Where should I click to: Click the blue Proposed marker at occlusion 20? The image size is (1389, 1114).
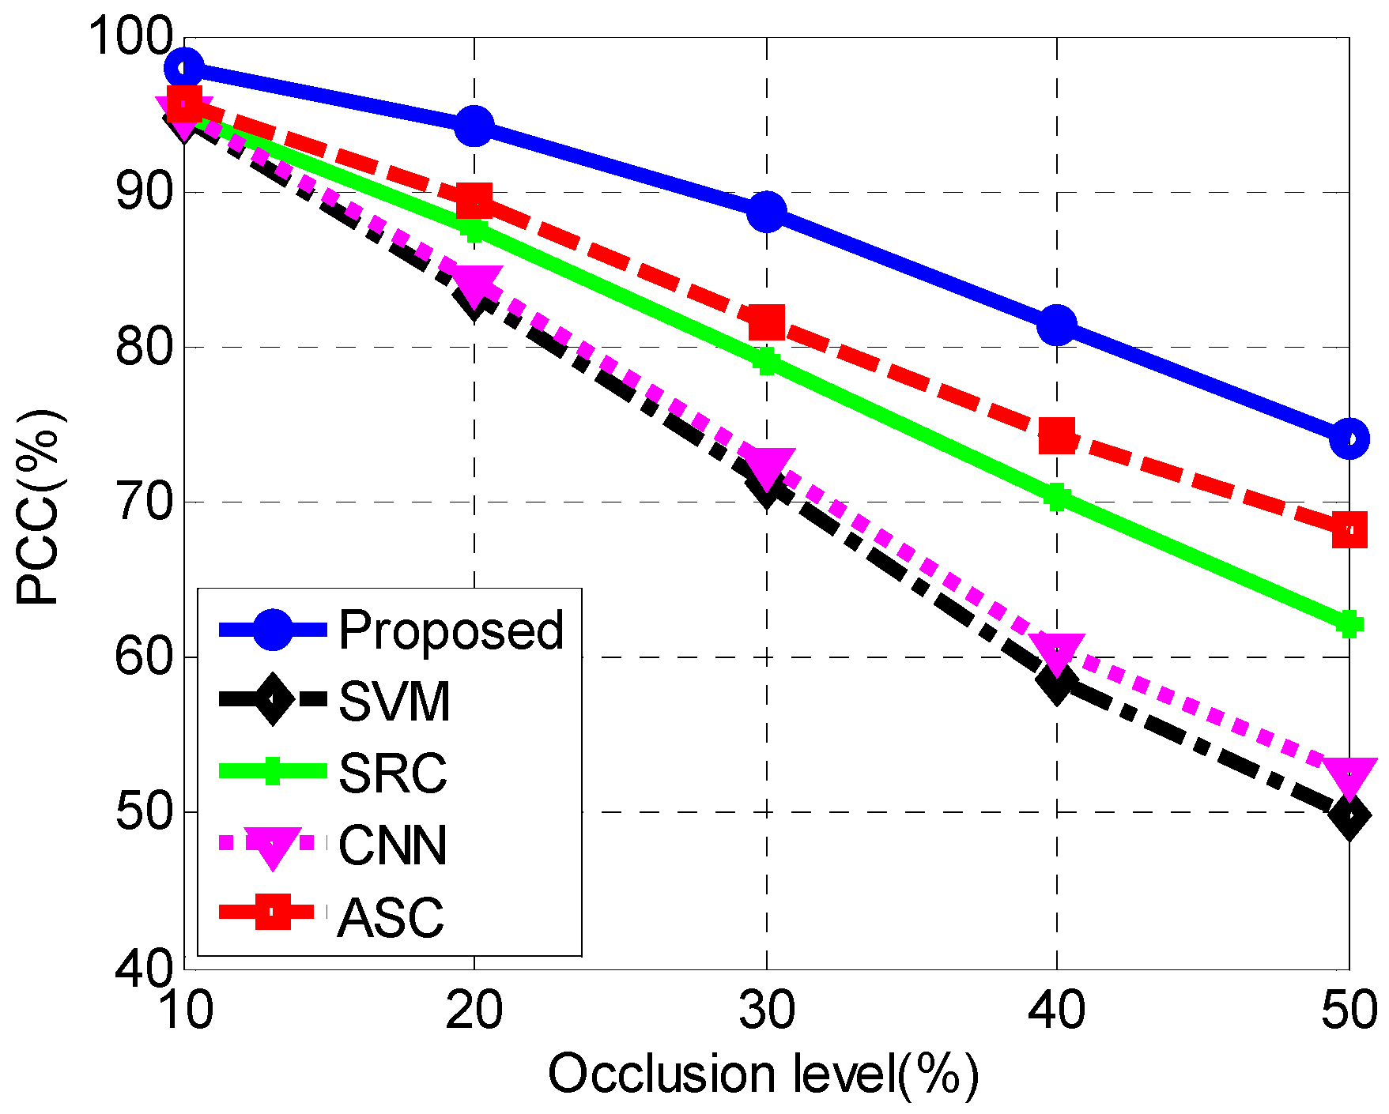pos(474,126)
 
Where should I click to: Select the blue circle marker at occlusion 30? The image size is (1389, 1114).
pos(766,212)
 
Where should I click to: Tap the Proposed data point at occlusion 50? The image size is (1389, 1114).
pos(1349,439)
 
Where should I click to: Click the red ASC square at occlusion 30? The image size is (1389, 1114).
pos(766,322)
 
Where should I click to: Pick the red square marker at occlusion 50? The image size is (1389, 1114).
pos(1349,529)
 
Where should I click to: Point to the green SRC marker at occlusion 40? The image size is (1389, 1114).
pos(1057,498)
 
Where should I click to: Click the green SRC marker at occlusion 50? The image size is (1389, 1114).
pos(1349,624)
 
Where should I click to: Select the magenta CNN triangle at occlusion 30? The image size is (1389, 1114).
pos(766,465)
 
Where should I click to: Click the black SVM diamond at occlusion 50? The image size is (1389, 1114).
pos(1349,817)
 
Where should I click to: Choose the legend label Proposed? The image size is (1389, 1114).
pos(451,630)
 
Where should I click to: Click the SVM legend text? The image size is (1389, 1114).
pos(394,701)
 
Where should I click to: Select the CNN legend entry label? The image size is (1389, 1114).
pos(392,845)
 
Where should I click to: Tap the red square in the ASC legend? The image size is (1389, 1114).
pos(273,913)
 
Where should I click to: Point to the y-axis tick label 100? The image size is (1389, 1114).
pos(130,36)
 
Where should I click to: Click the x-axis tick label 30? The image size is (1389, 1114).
pos(766,1011)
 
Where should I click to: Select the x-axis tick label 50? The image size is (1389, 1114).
pos(1349,1011)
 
